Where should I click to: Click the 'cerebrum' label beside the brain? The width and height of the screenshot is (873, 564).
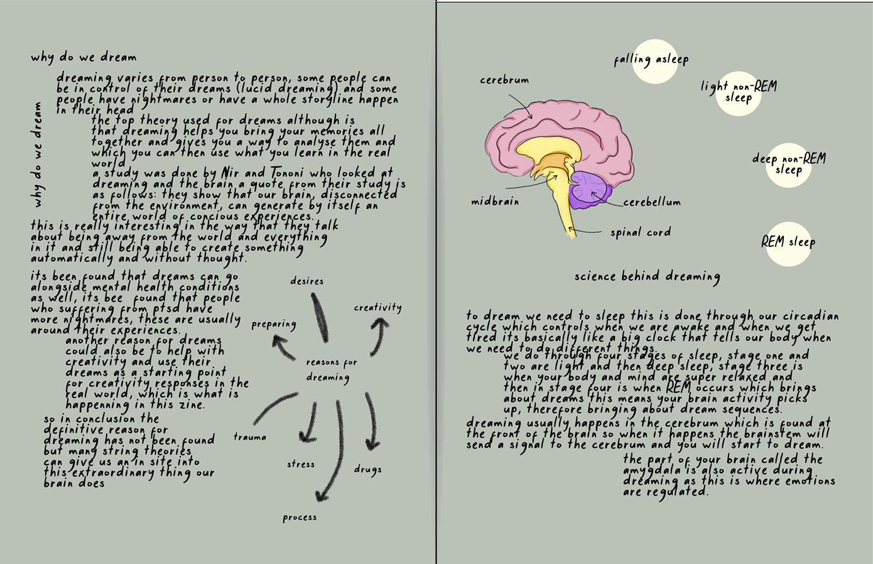pos(504,80)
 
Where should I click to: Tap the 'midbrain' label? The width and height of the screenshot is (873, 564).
pos(495,202)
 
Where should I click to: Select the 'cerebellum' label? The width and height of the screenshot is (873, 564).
pos(652,202)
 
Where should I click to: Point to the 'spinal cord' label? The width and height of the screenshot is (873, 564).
pos(641,232)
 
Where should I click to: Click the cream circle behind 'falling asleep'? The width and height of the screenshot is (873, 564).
pos(654,61)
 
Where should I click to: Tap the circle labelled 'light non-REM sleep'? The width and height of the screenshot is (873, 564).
pos(738,94)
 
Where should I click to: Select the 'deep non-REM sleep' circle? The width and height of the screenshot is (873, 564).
pos(788,165)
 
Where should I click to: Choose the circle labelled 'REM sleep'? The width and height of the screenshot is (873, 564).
pos(788,244)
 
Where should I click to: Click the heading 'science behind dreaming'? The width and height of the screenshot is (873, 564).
pos(647,277)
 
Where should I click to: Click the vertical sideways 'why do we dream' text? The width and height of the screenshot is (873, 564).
pos(38,155)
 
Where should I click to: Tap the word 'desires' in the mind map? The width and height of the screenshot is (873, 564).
pos(306,281)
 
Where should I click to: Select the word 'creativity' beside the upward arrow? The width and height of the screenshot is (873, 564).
pos(377,308)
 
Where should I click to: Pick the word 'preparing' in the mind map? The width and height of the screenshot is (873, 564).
pos(274,325)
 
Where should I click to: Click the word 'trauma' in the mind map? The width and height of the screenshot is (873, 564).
pos(250,437)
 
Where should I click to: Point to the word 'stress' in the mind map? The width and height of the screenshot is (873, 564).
pos(300,464)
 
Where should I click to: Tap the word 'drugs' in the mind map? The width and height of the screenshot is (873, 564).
pos(367,470)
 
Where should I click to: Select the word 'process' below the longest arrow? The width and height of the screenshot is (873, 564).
pos(300,518)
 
